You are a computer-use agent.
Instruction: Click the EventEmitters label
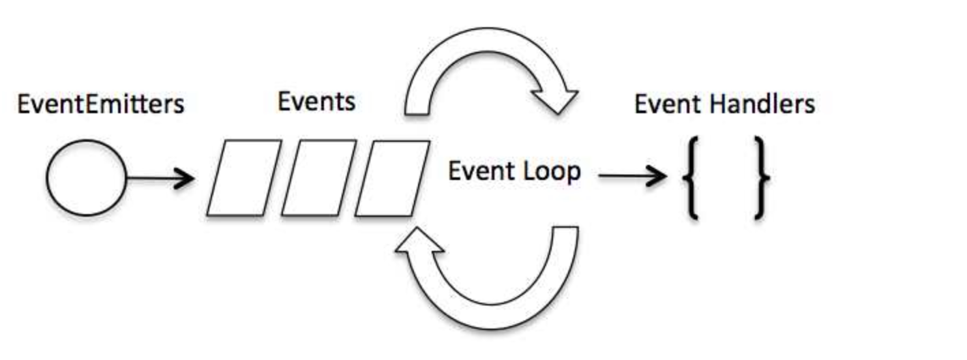(x=101, y=105)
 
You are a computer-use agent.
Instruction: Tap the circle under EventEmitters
(x=86, y=179)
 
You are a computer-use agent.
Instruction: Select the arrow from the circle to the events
(x=160, y=179)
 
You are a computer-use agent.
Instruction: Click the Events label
(x=316, y=102)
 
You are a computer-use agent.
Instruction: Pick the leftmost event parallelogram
(x=244, y=178)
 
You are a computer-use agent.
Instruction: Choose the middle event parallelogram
(x=318, y=178)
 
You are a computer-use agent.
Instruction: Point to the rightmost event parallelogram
(x=393, y=178)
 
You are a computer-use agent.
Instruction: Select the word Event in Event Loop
(x=480, y=171)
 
